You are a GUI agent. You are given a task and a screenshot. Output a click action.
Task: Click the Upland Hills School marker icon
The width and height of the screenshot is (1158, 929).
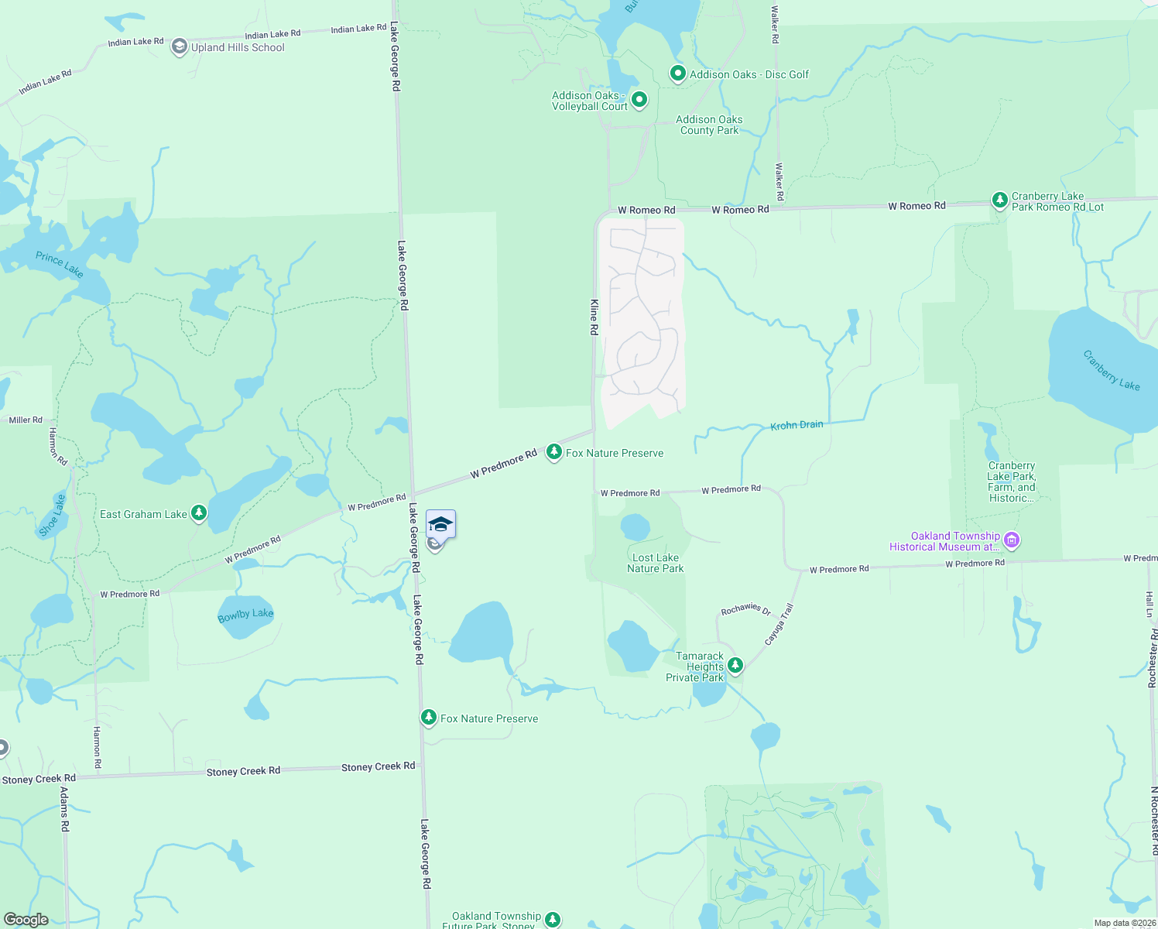click(179, 47)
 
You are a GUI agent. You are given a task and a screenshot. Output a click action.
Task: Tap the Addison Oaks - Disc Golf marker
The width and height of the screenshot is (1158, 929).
click(677, 74)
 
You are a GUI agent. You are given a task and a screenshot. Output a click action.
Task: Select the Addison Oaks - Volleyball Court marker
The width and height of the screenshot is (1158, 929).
click(639, 100)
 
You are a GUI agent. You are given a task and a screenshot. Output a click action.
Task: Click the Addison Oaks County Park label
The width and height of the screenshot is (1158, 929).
click(709, 125)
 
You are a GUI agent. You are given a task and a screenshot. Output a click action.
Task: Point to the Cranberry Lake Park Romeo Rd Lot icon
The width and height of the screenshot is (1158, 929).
click(999, 201)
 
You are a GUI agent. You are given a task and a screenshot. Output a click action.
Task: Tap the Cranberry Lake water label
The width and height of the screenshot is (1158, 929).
click(1111, 370)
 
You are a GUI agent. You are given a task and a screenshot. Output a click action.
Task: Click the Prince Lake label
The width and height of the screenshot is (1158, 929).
click(59, 264)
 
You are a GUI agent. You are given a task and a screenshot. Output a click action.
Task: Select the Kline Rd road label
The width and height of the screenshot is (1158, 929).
click(594, 317)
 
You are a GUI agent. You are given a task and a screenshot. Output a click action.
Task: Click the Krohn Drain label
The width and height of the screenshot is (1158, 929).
click(797, 425)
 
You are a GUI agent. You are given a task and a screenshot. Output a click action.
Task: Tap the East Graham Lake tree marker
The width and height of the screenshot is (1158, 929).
click(199, 512)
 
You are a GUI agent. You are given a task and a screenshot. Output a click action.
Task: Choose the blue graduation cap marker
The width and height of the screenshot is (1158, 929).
click(440, 524)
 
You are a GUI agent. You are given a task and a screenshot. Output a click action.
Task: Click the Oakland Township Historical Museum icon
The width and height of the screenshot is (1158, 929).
click(1011, 540)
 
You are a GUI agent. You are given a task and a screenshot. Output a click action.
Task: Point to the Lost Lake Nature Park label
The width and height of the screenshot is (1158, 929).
click(655, 563)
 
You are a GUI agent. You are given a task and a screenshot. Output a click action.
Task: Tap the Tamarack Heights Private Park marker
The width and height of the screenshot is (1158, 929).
click(735, 665)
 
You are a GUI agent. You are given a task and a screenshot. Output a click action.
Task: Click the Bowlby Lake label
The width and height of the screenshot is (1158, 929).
click(245, 615)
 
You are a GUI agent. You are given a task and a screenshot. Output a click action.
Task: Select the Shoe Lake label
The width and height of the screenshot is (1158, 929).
click(53, 515)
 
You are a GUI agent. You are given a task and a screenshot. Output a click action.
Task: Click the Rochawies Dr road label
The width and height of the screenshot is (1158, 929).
click(746, 609)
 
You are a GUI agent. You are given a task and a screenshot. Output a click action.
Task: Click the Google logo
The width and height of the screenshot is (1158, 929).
click(26, 920)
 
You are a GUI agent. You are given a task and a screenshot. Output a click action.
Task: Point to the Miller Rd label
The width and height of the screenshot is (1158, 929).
click(26, 420)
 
